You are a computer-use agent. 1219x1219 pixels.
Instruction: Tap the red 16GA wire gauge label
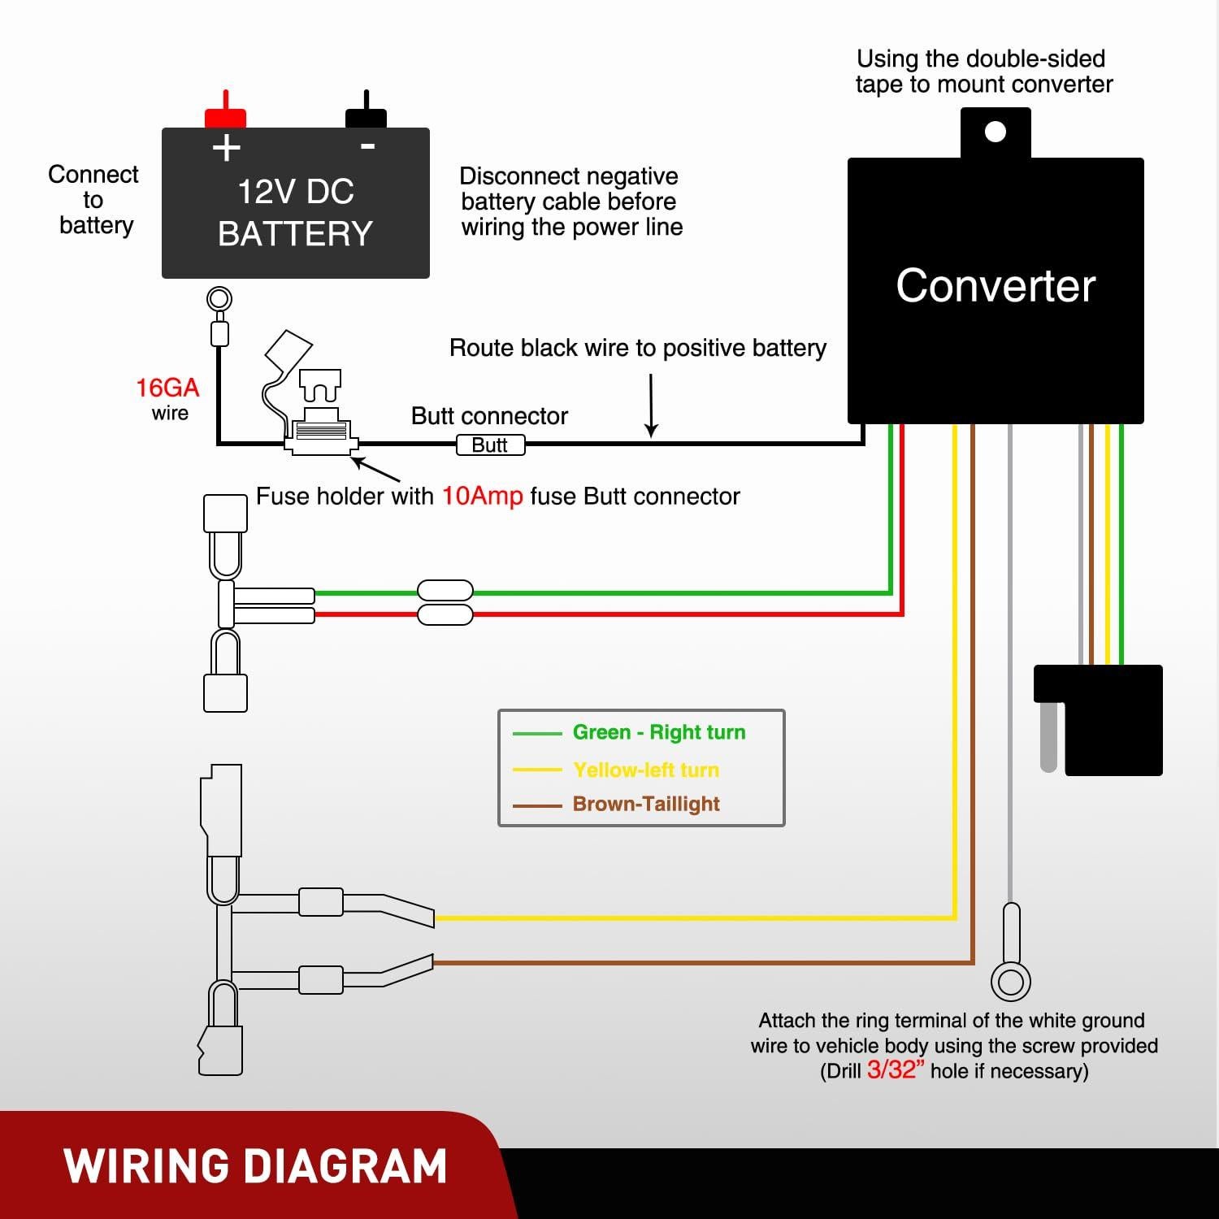(167, 388)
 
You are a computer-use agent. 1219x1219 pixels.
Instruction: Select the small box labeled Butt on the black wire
(490, 445)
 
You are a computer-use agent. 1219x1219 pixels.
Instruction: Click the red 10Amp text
(482, 497)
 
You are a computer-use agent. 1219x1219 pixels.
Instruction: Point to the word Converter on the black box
(996, 286)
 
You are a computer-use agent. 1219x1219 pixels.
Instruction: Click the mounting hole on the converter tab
(996, 132)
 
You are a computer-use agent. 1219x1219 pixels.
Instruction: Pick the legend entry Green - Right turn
(658, 732)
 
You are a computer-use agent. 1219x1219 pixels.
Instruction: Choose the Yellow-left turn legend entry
(646, 770)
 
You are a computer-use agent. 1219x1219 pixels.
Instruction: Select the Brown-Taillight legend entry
(646, 804)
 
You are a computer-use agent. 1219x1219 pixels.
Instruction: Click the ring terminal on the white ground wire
(1011, 982)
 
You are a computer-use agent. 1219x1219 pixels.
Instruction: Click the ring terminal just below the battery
(219, 300)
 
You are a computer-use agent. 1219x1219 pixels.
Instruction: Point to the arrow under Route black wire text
(651, 406)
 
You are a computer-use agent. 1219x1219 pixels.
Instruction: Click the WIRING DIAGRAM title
(255, 1166)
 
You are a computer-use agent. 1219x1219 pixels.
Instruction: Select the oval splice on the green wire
(445, 591)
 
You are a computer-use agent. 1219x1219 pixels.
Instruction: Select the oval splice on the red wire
(445, 614)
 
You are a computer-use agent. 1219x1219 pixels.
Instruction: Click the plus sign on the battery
(226, 148)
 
